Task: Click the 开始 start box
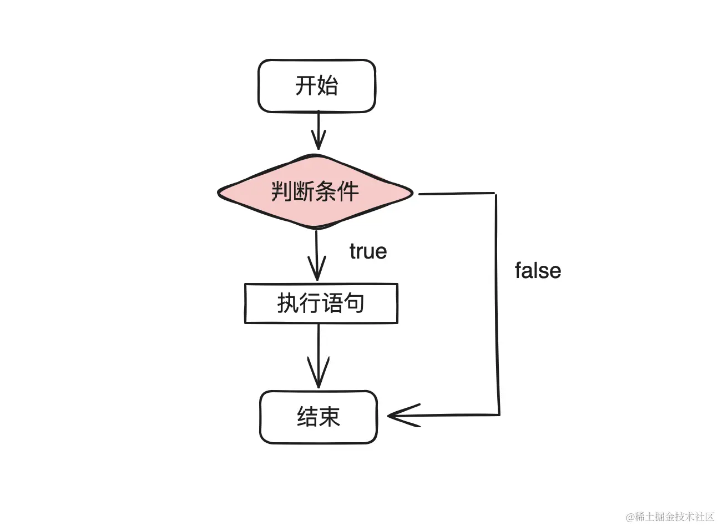(x=317, y=86)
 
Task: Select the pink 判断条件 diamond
(x=315, y=192)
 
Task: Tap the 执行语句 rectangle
(x=321, y=304)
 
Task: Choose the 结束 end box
(x=318, y=417)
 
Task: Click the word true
(x=368, y=251)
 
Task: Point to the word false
(x=538, y=271)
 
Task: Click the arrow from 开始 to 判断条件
(x=318, y=130)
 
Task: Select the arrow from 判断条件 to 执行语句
(x=316, y=255)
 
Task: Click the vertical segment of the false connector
(x=497, y=305)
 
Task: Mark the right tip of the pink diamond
(x=412, y=193)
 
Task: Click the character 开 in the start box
(x=306, y=86)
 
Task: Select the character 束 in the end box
(x=330, y=417)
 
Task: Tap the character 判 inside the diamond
(x=282, y=192)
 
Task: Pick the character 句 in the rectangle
(x=353, y=304)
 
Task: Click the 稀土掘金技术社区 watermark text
(x=675, y=517)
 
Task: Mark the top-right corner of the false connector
(x=495, y=194)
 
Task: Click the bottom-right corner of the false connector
(x=499, y=414)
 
